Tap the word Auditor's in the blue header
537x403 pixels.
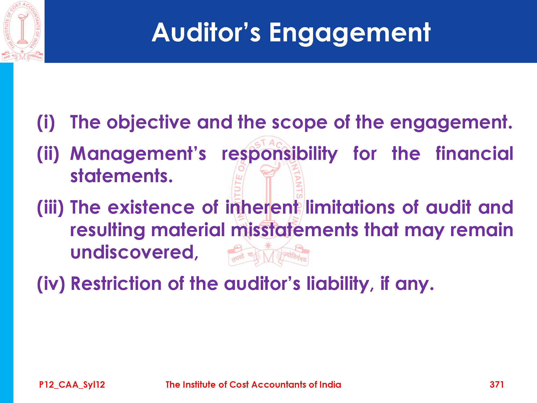click(206, 32)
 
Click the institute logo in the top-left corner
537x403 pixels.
click(22, 31)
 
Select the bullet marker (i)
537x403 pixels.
click(46, 123)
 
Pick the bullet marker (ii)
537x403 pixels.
click(48, 154)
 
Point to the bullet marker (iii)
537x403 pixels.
click(50, 208)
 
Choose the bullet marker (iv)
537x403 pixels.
click(51, 284)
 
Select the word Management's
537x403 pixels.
click(138, 154)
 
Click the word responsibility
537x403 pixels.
click(280, 154)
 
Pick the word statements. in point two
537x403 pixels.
click(121, 176)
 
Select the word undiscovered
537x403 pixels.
click(134, 252)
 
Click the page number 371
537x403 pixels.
click(497, 384)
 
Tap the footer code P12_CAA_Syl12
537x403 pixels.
click(72, 385)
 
